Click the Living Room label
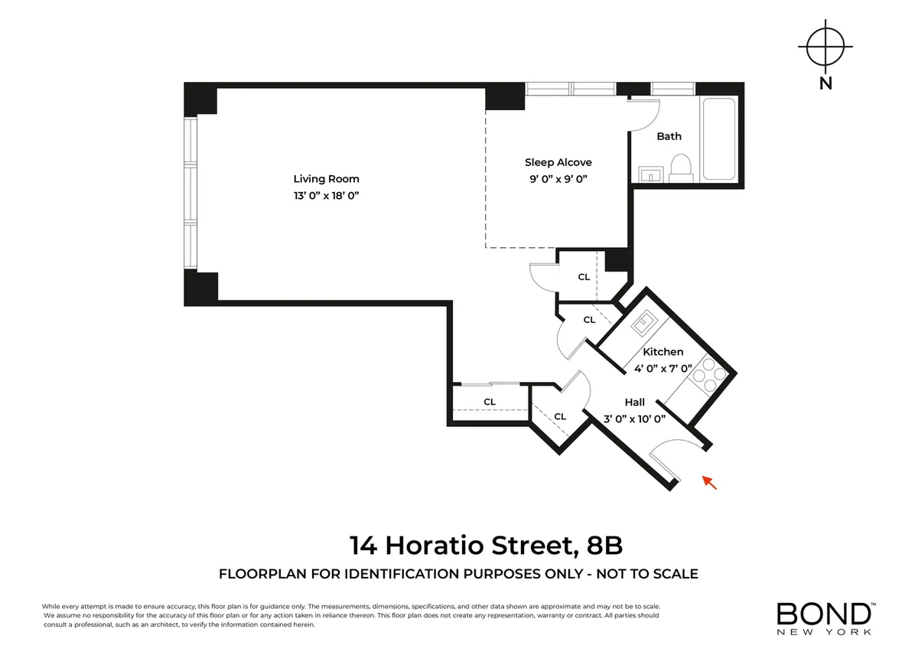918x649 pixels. (x=327, y=179)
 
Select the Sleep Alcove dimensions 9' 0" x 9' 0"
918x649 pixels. (x=558, y=178)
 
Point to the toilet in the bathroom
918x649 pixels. (x=680, y=168)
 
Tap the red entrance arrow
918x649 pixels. (x=710, y=481)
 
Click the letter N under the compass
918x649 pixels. (x=825, y=84)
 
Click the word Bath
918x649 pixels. (x=669, y=136)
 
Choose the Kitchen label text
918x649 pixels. (x=662, y=352)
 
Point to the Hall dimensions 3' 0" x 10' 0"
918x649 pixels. (x=634, y=419)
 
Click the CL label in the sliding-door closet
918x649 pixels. (x=489, y=402)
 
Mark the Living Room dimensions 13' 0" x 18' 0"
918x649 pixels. (x=327, y=196)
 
